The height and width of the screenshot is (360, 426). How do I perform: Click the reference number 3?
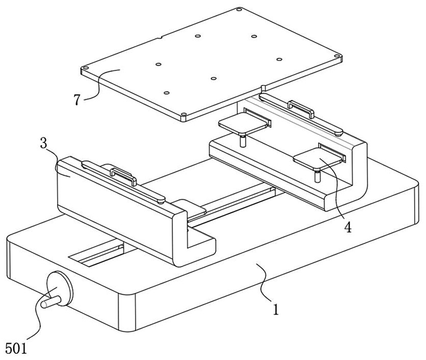[44, 143]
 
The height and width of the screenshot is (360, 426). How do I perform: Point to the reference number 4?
[347, 227]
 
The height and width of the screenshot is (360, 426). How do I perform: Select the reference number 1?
[276, 309]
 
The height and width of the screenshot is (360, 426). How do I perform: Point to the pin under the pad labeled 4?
[317, 176]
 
